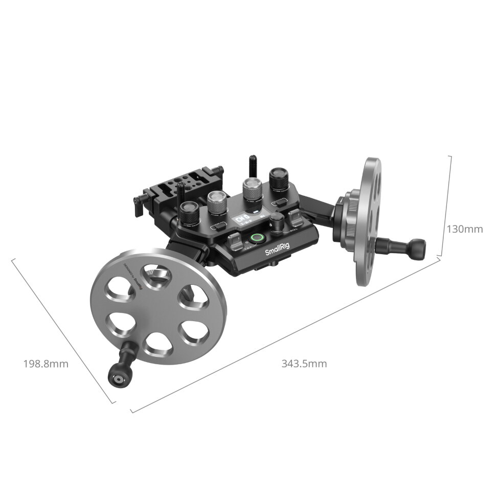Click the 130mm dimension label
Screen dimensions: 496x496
(464, 229)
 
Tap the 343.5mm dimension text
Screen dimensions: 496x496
(304, 364)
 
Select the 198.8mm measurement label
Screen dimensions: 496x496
(46, 364)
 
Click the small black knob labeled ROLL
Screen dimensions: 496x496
(277, 224)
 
